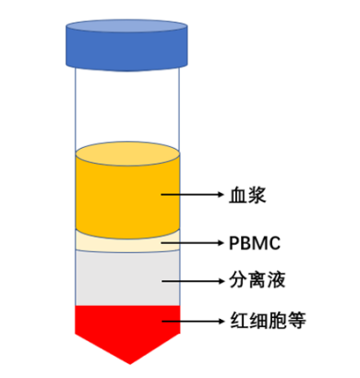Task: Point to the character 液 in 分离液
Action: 268,278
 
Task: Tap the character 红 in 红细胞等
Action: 233,322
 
